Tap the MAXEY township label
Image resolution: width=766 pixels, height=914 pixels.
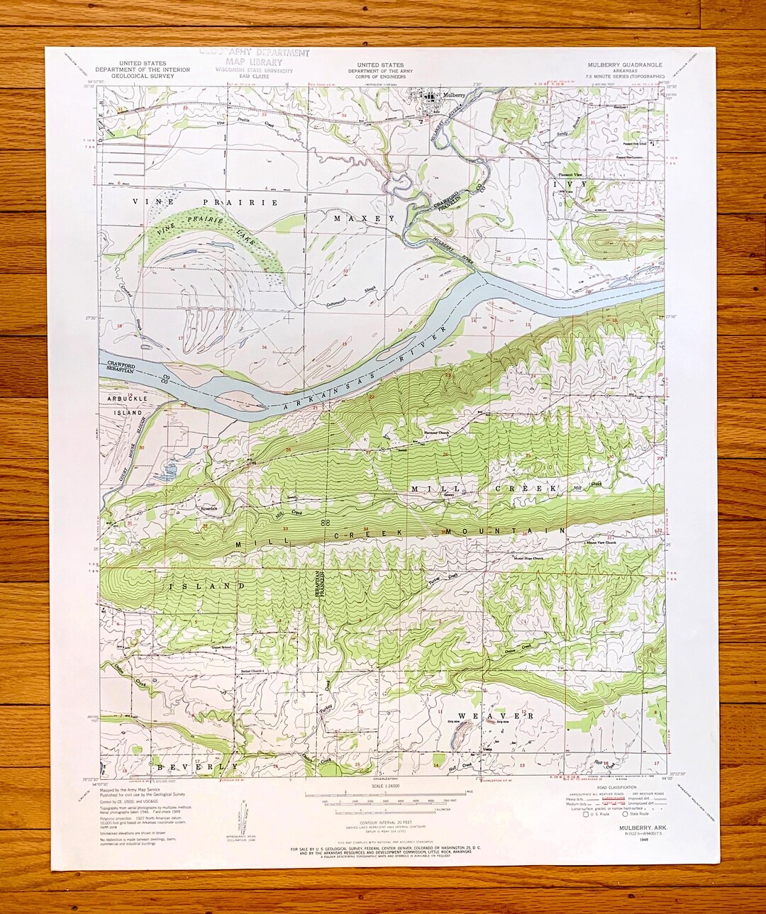[x=365, y=219]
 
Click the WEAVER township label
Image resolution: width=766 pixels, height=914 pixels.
[x=495, y=716]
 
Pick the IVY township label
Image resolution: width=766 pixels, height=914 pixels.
[x=570, y=184]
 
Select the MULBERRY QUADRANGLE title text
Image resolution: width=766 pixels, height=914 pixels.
[x=625, y=65]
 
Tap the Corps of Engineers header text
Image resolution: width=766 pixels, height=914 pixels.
[x=380, y=75]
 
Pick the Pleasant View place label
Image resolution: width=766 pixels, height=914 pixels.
[x=570, y=174]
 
